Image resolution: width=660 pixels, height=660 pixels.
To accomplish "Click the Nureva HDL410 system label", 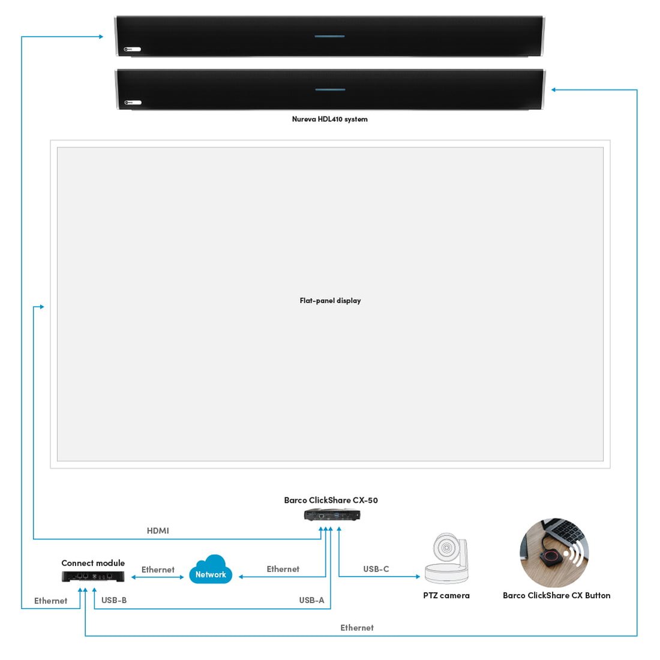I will [x=329, y=119].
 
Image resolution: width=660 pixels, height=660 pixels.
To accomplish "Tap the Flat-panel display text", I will [x=330, y=301].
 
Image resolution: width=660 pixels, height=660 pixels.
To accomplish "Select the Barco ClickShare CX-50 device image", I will [x=332, y=515].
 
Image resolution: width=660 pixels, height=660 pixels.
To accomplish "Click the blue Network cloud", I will [x=211, y=571].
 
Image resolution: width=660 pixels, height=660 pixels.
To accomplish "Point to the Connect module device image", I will [x=93, y=576].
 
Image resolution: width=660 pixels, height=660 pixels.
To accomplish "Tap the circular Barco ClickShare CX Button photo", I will [x=554, y=553].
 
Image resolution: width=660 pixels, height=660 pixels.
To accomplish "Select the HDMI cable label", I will [x=158, y=530].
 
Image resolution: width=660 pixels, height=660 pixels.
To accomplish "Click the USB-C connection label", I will [x=376, y=569].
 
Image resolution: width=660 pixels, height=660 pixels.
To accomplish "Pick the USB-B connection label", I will [x=114, y=600].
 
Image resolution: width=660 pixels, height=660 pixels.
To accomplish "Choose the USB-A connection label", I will [x=311, y=600].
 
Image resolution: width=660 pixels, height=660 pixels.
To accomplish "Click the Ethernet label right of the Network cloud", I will [x=283, y=569].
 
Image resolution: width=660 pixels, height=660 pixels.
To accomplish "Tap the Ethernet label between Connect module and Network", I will [x=158, y=569].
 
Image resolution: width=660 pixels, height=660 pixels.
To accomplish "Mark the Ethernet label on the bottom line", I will [x=357, y=628].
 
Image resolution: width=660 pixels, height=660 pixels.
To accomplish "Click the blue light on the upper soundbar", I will [x=329, y=37].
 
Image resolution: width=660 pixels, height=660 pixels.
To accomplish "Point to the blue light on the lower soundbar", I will [x=330, y=90].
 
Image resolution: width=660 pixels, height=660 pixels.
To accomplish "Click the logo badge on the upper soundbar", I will [x=132, y=49].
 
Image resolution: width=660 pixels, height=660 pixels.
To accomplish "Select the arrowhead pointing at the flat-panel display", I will [x=41, y=307].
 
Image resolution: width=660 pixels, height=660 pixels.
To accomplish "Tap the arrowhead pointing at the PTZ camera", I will [x=418, y=577].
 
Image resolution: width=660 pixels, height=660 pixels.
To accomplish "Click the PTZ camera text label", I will [x=446, y=595].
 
